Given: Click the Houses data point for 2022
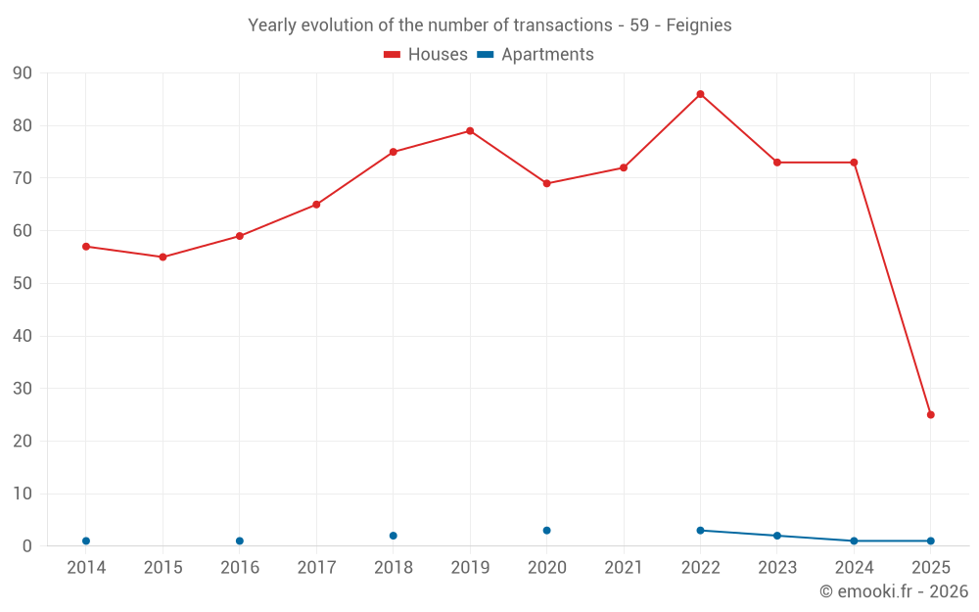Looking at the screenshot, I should (x=700, y=94).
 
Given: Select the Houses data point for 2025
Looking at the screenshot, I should (x=930, y=414).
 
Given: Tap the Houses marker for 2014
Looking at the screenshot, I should (x=86, y=247).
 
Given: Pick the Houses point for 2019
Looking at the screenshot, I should (x=470, y=131).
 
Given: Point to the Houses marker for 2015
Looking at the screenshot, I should (x=163, y=258).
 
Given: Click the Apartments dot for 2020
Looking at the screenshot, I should (x=546, y=531).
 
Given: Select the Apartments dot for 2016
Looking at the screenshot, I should (x=240, y=541).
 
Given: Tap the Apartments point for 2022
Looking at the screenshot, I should (x=700, y=531).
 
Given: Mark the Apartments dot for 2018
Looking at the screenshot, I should (x=394, y=536).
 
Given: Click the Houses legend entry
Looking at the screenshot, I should (x=426, y=55).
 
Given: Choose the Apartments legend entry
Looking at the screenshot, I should (x=536, y=55).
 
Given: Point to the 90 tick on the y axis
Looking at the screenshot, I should (x=23, y=73).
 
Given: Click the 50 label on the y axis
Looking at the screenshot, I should (x=23, y=284).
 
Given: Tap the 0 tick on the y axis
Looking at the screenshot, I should (x=27, y=546).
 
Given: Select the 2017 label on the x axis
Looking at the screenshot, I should (x=316, y=568).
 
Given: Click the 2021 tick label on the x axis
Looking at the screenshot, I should (x=624, y=568).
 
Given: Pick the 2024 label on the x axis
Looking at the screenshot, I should (x=854, y=568).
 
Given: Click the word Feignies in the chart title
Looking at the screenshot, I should (x=699, y=25).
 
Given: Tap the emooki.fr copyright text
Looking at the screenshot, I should (x=893, y=591).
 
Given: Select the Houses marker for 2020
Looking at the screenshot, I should (x=546, y=183).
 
